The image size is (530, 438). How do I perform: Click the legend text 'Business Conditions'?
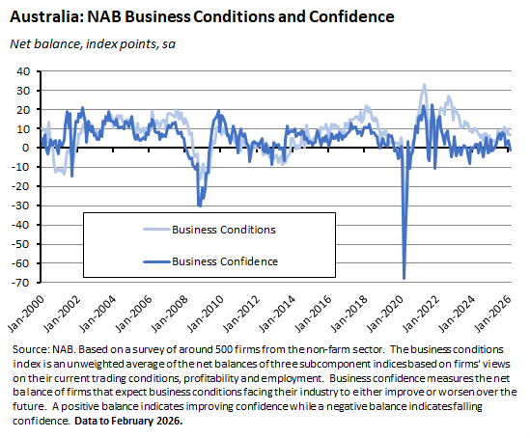223,230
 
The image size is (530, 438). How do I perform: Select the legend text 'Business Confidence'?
224,260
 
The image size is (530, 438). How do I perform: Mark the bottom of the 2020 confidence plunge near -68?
404,279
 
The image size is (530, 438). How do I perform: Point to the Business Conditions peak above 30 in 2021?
424,85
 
